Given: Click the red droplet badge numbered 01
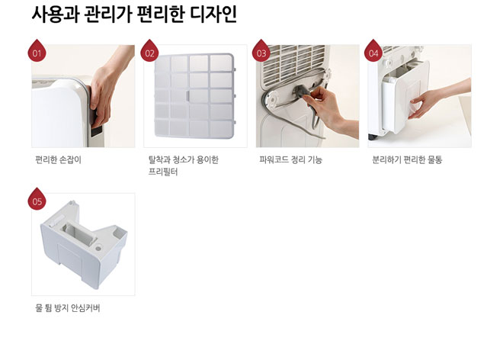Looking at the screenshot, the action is coord(37,51).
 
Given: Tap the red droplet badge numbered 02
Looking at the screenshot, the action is coord(149,51).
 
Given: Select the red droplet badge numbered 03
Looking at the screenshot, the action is coord(261,51).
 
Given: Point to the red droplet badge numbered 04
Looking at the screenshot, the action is coord(373,51).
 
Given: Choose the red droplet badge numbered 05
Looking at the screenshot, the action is coord(37,200).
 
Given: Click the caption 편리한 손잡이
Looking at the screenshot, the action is coord(59,159).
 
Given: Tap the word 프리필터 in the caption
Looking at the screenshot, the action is coord(163,172).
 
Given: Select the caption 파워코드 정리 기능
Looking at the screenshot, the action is coord(291,159).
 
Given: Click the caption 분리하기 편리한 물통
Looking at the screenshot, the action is coord(407,159).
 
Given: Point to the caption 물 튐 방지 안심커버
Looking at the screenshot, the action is coord(68,308).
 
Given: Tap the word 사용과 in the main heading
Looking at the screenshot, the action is coord(56,14).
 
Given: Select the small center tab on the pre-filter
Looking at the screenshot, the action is coord(188,95).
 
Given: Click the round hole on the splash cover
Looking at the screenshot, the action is coord(98,248).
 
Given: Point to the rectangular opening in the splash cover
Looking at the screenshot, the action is coord(79,233).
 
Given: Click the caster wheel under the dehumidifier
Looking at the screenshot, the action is coord(373,137).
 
